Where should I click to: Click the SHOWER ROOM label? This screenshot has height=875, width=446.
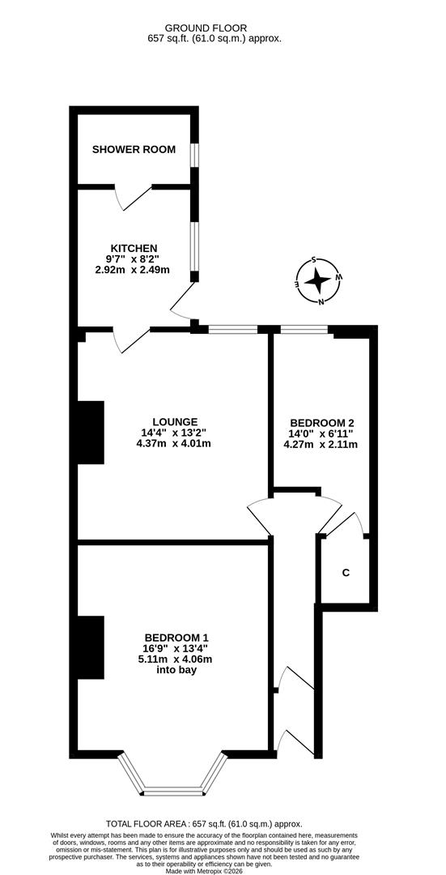(x=134, y=149)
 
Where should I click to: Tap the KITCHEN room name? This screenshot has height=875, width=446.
(x=134, y=248)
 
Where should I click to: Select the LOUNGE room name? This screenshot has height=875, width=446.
(x=176, y=421)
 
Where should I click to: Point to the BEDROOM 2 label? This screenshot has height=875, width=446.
(x=321, y=422)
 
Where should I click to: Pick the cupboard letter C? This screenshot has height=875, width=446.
(x=346, y=574)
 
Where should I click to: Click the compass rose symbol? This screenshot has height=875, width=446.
(x=318, y=281)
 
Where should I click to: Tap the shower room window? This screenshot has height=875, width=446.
(x=194, y=155)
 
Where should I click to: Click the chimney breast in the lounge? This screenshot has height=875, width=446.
(x=91, y=433)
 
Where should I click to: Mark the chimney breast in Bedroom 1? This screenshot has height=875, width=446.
(x=91, y=647)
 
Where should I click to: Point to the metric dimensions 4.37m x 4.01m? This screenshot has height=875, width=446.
(x=176, y=443)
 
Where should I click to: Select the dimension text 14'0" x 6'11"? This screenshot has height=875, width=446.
(x=321, y=433)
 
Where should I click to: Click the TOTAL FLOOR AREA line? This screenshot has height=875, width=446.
(x=223, y=823)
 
